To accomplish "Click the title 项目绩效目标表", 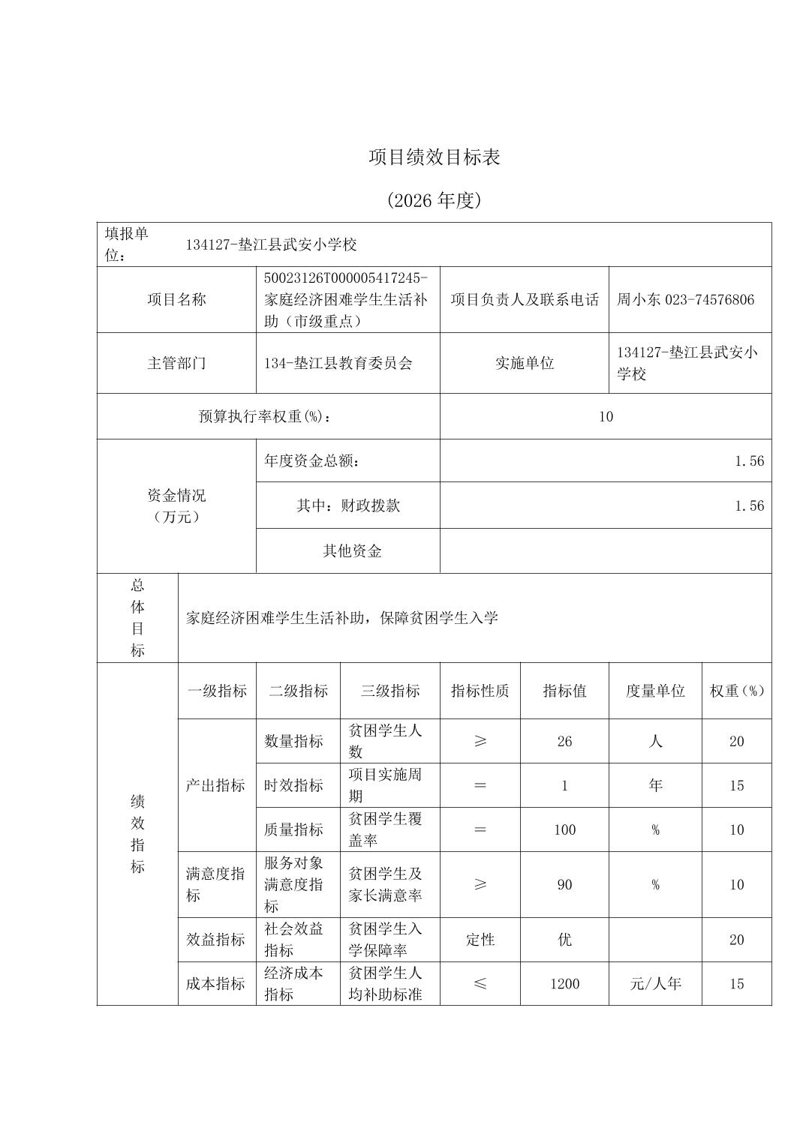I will coord(434,157).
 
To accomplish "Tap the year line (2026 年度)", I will coord(434,200).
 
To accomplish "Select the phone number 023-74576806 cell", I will coord(685,300).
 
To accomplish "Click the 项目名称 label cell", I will coord(176,300).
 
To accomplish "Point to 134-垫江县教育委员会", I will coord(338,364).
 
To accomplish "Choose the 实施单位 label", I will coord(524,364).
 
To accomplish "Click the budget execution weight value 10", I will coord(606,417).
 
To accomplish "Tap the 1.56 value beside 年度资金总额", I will coord(749,461).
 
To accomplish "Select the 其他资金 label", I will coord(352,551).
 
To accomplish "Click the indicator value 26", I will coord(564,742).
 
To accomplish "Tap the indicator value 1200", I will coord(564,984).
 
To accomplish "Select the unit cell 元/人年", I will coord(655,984).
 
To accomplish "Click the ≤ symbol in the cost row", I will coord(480,984).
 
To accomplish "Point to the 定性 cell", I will coord(480,940).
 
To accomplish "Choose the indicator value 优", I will coord(564,940).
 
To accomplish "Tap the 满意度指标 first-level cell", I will coord(215,885).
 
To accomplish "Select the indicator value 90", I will coord(564,885).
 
